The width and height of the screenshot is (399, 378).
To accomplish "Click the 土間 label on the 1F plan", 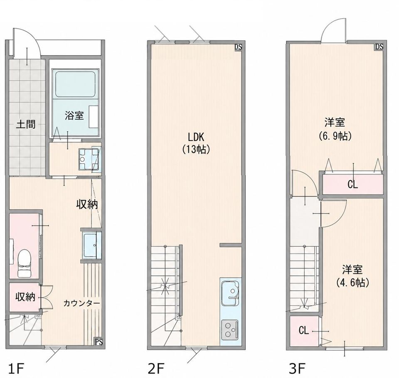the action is [26, 125].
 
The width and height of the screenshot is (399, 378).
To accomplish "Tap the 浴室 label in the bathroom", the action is [74, 116].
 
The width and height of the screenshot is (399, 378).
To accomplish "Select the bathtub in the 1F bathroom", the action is [75, 84].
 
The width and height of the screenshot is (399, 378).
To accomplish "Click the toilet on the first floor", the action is [25, 263].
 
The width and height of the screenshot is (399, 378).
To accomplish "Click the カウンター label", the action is [81, 303].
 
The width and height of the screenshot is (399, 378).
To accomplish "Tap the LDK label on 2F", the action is [196, 137].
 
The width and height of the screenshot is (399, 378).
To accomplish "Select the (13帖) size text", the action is [196, 150].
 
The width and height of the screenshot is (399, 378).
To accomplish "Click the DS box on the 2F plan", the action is [238, 47].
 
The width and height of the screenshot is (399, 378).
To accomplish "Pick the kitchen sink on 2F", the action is [230, 292].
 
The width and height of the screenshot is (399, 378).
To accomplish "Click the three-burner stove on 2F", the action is [230, 330].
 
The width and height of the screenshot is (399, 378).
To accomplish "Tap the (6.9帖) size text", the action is [335, 136].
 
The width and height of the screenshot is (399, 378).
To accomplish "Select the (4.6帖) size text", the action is [352, 282].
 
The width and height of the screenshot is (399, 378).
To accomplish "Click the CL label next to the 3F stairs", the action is [303, 330].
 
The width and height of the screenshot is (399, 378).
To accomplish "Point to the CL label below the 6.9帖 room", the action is [353, 184].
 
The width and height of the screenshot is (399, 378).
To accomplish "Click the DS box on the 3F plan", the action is [379, 47].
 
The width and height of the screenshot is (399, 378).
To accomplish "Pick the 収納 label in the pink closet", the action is [25, 297].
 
